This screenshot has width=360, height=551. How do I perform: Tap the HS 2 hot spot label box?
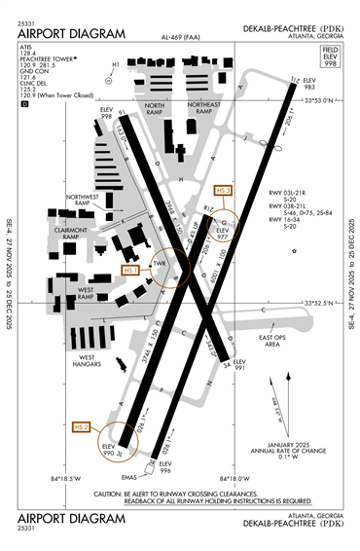pyautogui.click(x=83, y=426)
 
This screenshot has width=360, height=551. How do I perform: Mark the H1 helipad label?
pyautogui.click(x=115, y=65)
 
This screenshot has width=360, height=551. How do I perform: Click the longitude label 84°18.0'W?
pyautogui.click(x=231, y=478)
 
